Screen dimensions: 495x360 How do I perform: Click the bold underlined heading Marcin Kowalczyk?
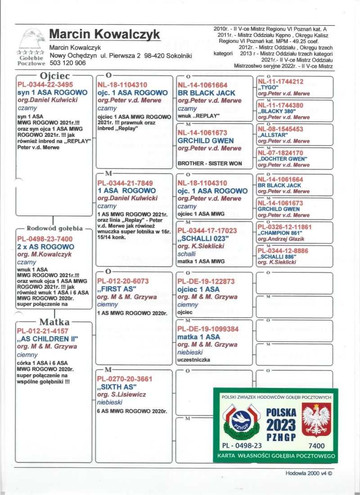104,34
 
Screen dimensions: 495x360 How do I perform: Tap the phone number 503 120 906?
67,63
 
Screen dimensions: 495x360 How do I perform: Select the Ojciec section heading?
54,76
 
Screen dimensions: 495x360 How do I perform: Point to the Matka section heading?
54,322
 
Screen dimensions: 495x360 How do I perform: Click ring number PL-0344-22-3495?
45,85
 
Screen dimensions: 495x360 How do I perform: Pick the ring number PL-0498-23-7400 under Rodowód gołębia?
45,239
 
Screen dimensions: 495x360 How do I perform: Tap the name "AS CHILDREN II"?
48,338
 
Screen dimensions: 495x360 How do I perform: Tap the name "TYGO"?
268,88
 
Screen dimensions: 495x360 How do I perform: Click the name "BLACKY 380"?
277,112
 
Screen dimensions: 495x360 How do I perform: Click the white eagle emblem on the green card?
316,419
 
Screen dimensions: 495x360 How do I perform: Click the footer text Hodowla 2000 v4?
308,473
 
